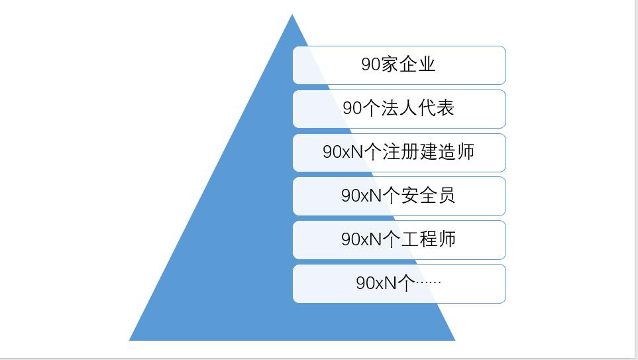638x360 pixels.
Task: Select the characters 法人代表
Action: [417, 108]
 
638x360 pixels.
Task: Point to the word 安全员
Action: [429, 196]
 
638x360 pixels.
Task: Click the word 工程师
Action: [429, 239]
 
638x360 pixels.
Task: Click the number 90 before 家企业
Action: [370, 64]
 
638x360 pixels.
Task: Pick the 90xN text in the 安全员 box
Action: [362, 196]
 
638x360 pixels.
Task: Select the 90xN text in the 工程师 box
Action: [362, 239]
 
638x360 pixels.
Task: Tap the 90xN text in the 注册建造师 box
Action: [343, 152]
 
